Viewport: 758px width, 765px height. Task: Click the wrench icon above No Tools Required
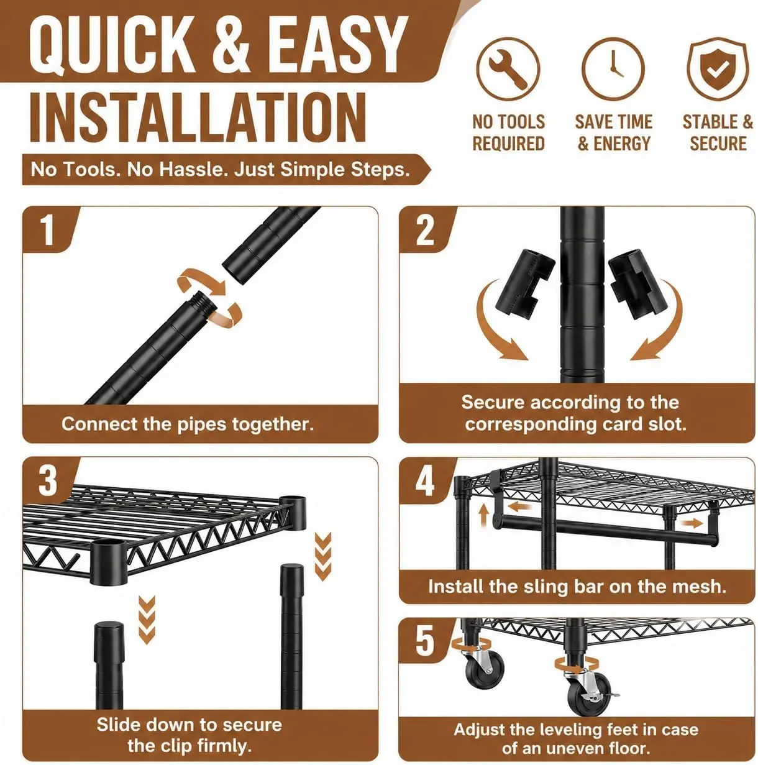[508, 70]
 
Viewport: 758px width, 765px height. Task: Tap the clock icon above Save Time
[613, 70]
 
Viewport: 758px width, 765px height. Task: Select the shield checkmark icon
[718, 69]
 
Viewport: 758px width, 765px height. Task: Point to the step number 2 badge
[425, 229]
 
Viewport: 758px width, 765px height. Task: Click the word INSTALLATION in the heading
[198, 117]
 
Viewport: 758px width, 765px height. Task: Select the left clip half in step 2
[524, 283]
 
